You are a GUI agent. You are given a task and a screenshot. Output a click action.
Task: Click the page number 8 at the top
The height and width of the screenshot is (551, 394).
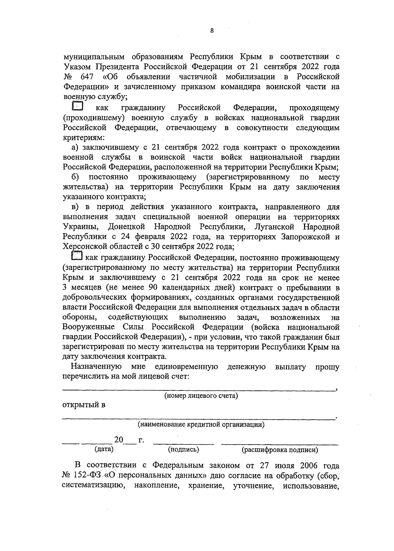point(212,31)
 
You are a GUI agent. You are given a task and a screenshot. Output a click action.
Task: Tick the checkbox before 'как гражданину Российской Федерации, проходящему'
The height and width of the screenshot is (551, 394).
point(77,107)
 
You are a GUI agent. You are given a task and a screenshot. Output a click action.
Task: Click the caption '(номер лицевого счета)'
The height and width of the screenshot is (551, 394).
point(201,396)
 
